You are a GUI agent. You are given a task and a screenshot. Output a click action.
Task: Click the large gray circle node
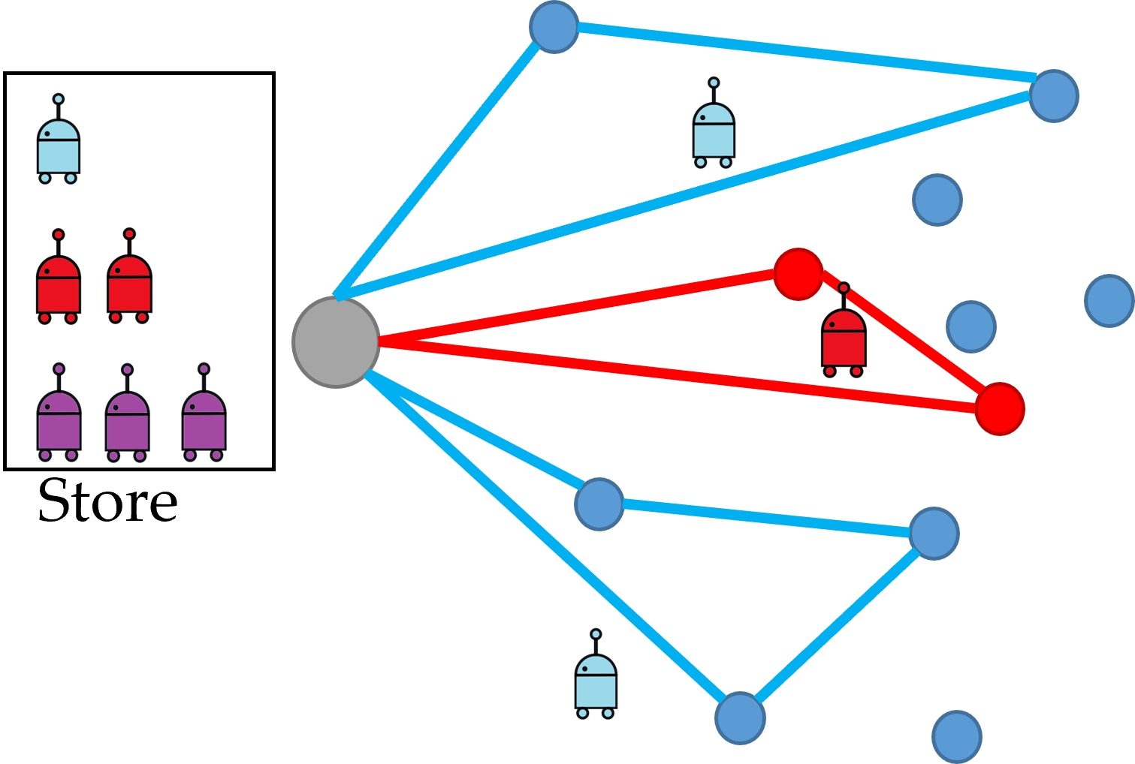coord(336,341)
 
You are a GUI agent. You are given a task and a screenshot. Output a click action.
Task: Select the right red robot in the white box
coord(129,281)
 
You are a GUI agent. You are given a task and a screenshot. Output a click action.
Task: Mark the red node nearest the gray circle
coord(798,274)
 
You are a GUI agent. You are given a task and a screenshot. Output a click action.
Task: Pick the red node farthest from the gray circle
coord(1000,408)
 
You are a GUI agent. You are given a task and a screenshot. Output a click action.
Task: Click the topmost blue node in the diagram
coord(554,27)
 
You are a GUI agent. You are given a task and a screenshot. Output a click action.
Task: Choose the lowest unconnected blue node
coord(957,736)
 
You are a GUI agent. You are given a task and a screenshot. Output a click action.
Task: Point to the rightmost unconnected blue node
coord(1109,300)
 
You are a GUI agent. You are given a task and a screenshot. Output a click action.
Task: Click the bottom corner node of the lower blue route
coord(740,718)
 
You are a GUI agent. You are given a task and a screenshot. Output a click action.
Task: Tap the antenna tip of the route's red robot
coord(844,288)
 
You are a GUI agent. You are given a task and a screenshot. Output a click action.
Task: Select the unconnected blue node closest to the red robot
coord(970,326)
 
